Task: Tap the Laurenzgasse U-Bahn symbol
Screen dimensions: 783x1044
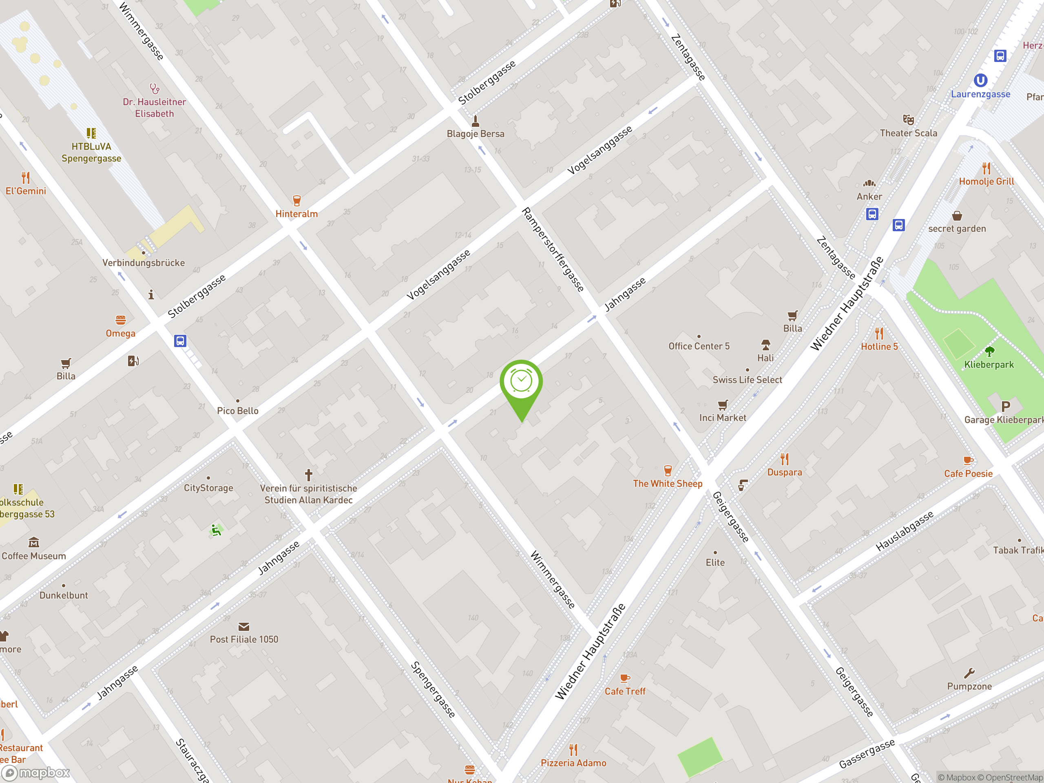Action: coord(980,80)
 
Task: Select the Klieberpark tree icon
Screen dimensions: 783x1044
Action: coord(989,351)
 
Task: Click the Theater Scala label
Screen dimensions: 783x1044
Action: coord(908,133)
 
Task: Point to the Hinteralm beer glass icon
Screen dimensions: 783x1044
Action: coord(296,201)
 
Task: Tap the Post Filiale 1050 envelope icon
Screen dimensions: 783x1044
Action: coord(243,626)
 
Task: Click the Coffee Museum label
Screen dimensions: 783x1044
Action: coord(33,556)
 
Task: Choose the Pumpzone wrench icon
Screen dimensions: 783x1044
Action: coord(969,672)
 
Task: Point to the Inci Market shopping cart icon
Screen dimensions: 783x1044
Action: coord(723,405)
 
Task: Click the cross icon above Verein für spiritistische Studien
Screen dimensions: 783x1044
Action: coord(308,474)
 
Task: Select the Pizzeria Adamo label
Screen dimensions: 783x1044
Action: coord(573,763)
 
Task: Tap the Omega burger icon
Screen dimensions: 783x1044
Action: coord(120,320)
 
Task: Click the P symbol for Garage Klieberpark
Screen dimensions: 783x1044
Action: coord(1006,406)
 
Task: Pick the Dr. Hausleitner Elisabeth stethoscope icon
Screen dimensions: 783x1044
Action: coord(154,88)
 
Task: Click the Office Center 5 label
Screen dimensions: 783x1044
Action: coord(699,346)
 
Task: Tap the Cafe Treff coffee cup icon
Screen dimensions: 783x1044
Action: coord(624,678)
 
